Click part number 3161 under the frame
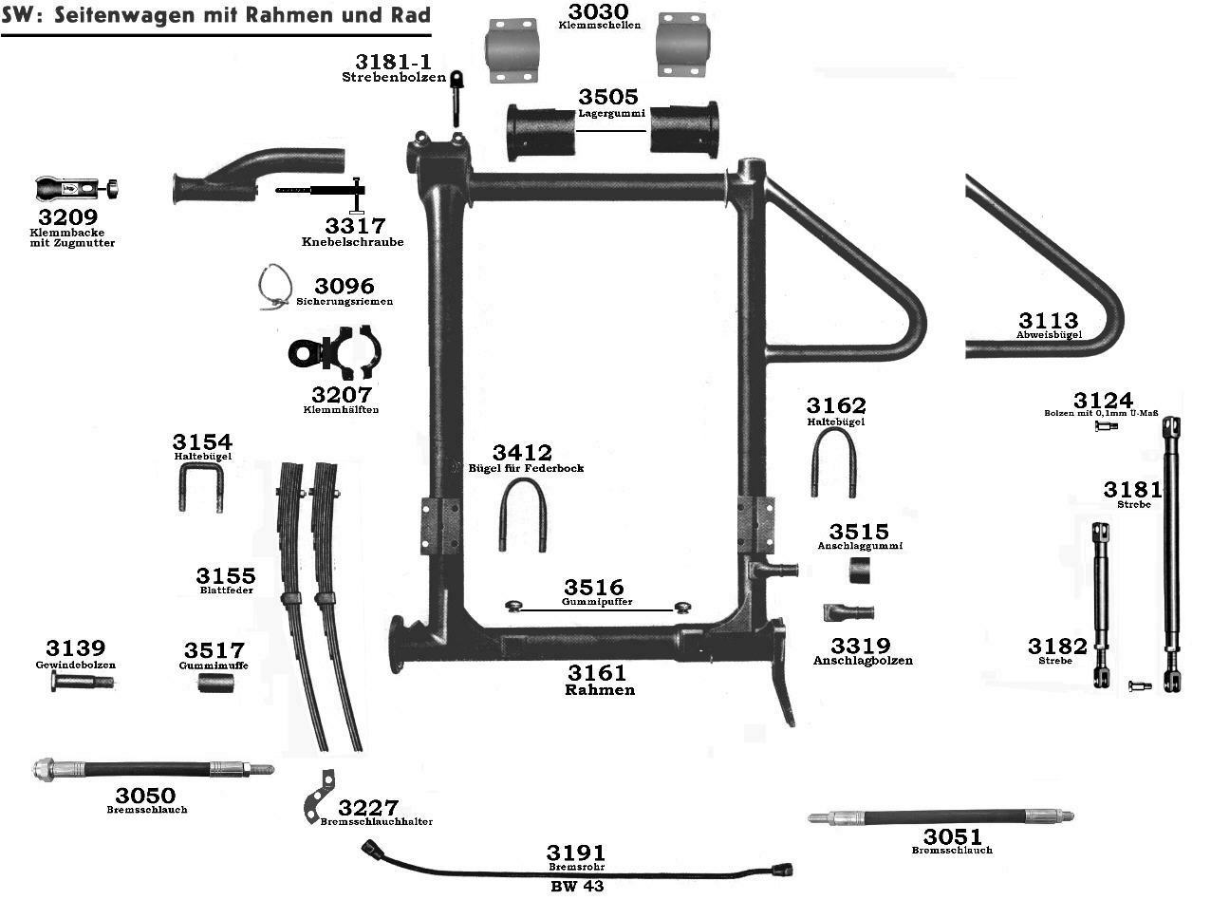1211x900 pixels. [595, 673]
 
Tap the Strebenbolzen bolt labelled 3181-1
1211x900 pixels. [456, 97]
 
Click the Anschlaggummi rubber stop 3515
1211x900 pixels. [860, 572]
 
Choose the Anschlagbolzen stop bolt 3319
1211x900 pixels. [848, 610]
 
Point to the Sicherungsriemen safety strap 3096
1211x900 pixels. [274, 286]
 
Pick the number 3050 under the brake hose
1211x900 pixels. [145, 795]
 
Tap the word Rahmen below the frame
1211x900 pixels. [600, 690]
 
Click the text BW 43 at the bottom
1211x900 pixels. [577, 886]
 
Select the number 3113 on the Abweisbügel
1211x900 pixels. [1049, 320]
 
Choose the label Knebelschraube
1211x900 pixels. [352, 242]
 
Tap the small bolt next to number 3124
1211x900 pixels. [1106, 426]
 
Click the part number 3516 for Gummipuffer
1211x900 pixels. [594, 588]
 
